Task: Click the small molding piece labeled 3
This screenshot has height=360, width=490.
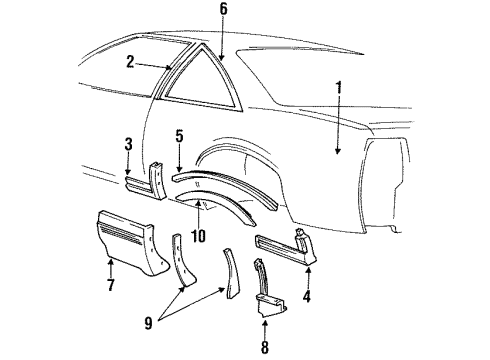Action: click(140, 185)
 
